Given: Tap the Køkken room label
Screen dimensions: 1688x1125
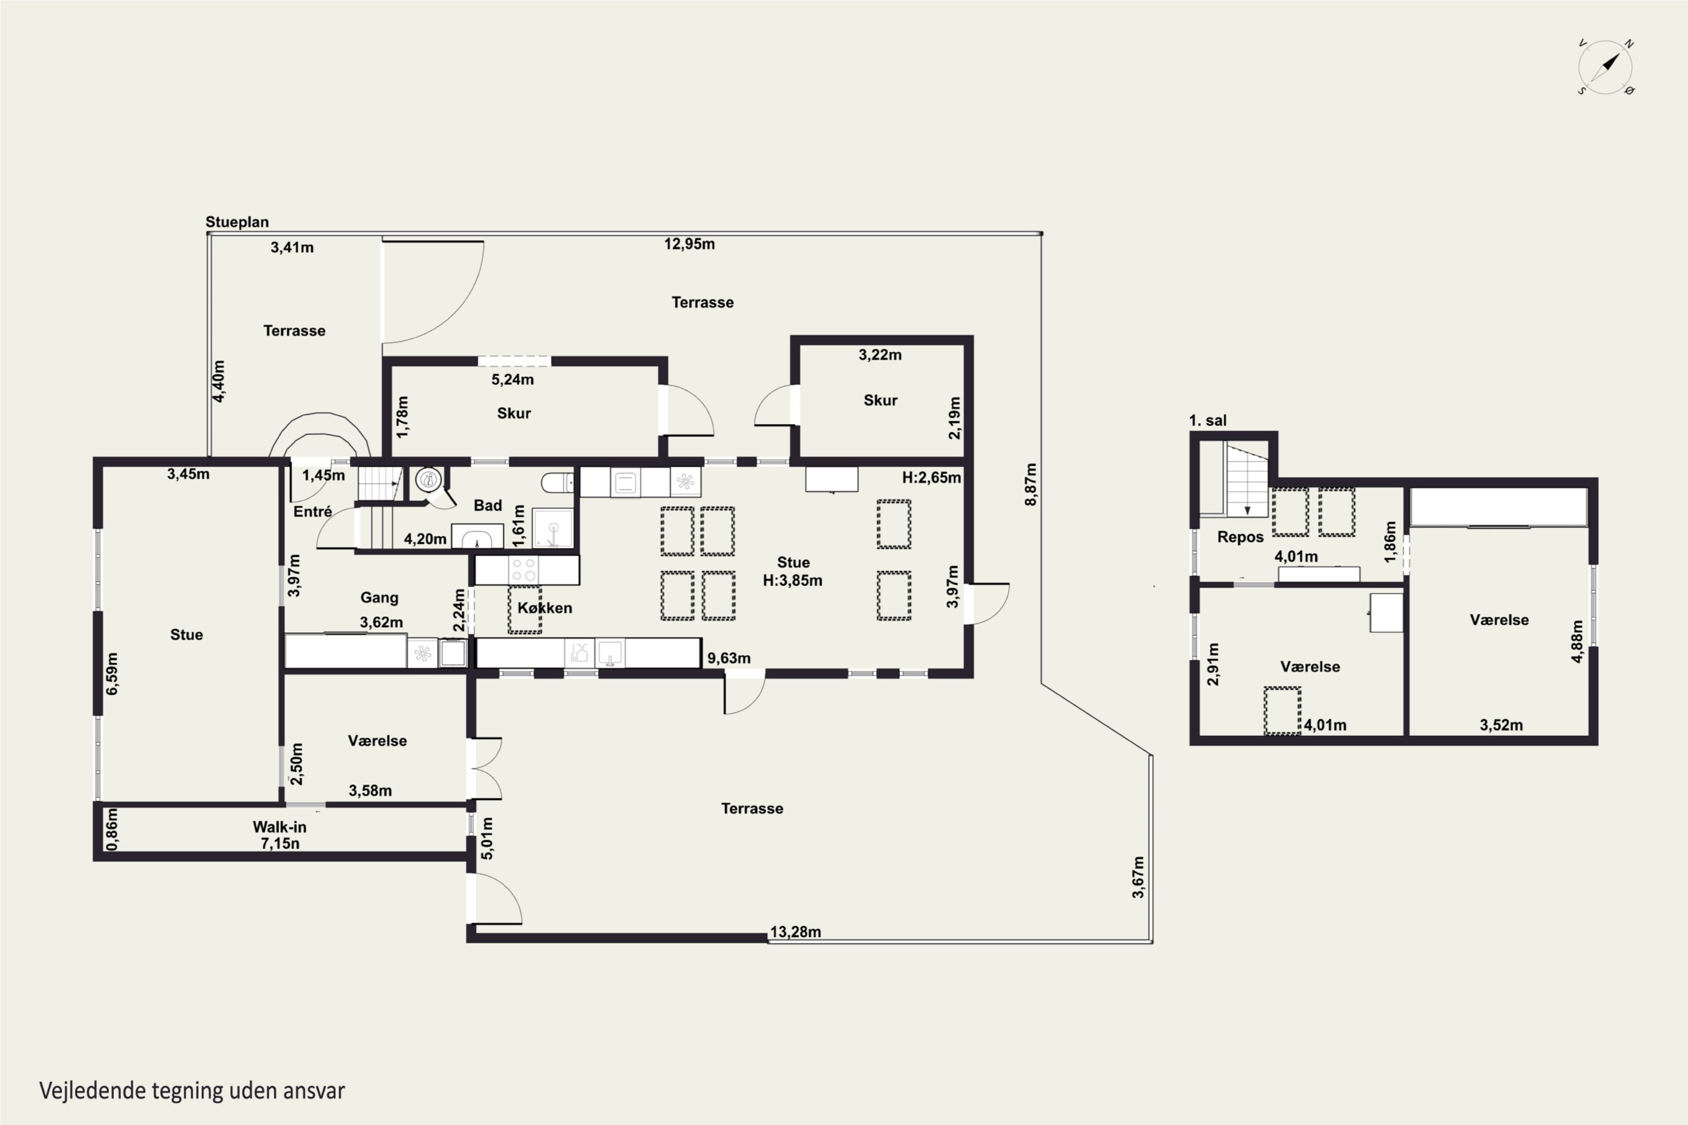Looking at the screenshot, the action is point(545,607).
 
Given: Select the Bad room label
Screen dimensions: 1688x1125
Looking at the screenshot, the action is point(487,506).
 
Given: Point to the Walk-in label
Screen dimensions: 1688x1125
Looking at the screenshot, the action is point(279,826).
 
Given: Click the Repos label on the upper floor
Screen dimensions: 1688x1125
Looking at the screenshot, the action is point(1240,537).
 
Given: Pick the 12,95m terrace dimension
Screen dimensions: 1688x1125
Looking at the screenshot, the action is point(689,244).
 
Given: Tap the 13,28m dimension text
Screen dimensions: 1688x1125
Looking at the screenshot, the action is point(795,932).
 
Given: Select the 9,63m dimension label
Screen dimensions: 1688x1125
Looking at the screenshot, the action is point(729,658).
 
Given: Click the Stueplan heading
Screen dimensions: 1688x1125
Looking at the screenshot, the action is point(237,222).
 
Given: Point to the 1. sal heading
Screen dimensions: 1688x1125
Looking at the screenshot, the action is point(1208,420).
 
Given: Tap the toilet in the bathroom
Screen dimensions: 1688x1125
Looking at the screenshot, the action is point(558,482).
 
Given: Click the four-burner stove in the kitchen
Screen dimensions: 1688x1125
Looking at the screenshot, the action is point(523,570).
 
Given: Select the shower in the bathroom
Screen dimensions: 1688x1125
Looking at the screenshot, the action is point(553,528).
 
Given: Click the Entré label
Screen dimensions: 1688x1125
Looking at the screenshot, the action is point(312,511).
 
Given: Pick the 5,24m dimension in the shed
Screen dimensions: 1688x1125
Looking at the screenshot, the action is point(513,380).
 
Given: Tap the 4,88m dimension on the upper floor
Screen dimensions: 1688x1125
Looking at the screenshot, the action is point(1577,641).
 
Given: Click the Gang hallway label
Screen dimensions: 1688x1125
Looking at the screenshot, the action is point(379,597).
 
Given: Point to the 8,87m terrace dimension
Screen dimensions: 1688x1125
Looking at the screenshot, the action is point(1031,484).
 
